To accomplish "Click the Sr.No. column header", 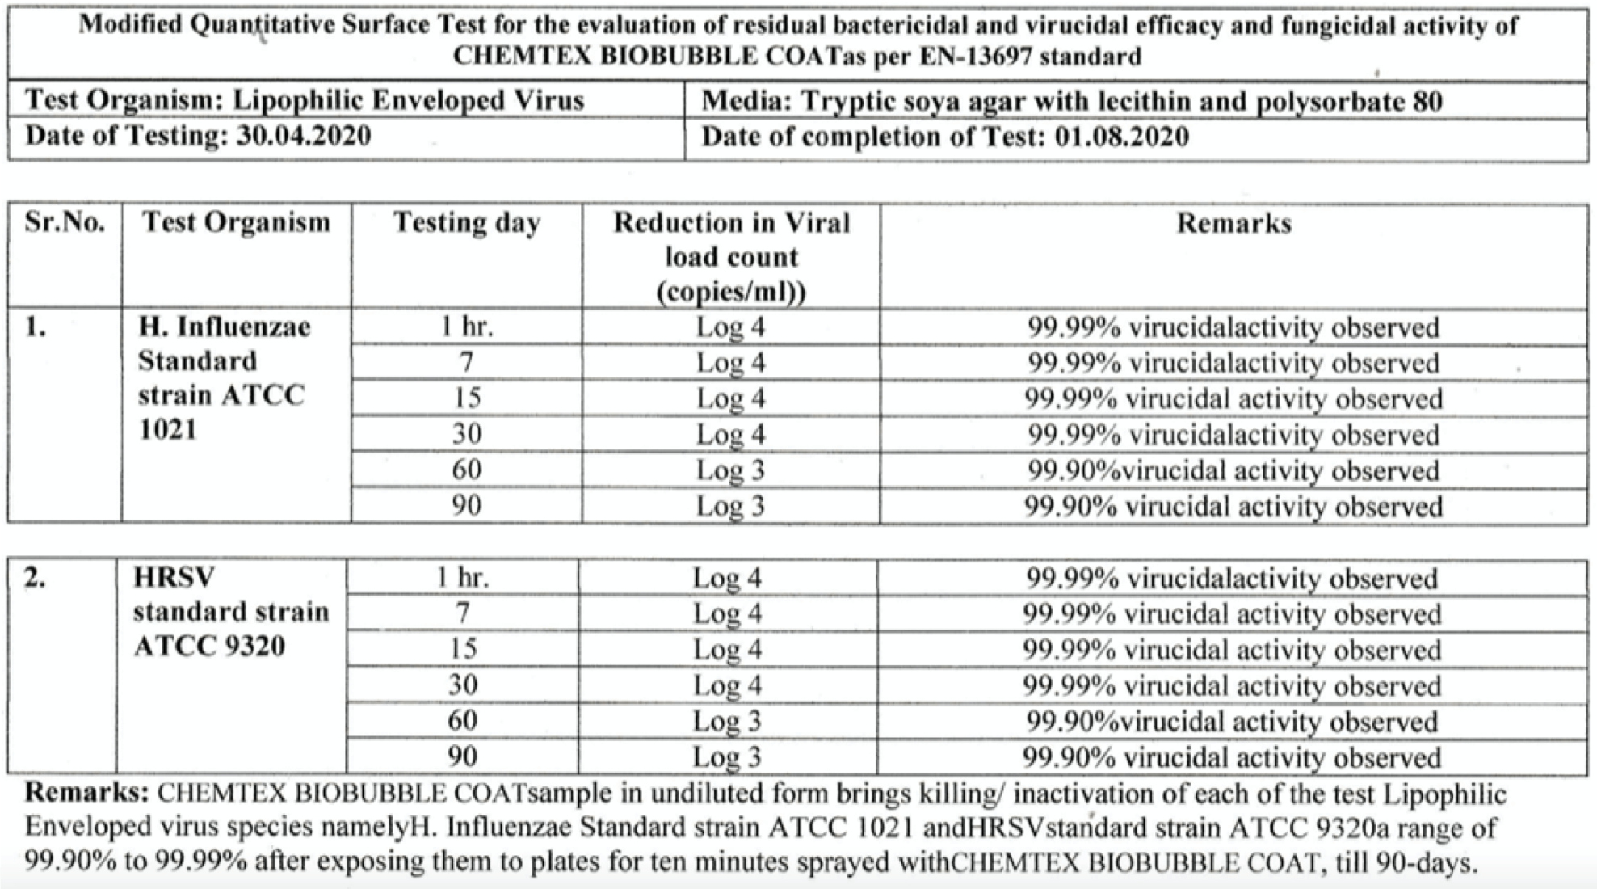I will pyautogui.click(x=65, y=222).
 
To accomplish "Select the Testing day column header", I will pyautogui.click(x=467, y=223).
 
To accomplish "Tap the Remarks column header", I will pyautogui.click(x=1233, y=223).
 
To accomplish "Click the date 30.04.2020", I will pyautogui.click(x=304, y=136).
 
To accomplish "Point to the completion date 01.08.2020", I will pyautogui.click(x=1122, y=137).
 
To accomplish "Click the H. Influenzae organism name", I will pyautogui.click(x=225, y=327).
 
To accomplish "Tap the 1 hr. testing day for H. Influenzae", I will pyautogui.click(x=467, y=327).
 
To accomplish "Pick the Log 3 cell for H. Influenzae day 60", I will pyautogui.click(x=730, y=470).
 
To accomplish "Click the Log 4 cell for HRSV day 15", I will pyautogui.click(x=727, y=650).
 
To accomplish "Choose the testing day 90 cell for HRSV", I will pyautogui.click(x=463, y=756).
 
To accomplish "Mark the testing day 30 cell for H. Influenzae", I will pyautogui.click(x=467, y=434).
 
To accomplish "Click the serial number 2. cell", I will pyautogui.click(x=35, y=578).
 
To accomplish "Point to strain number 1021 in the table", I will pyautogui.click(x=168, y=429).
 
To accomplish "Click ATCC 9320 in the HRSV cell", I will pyautogui.click(x=209, y=647).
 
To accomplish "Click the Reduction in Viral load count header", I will pyautogui.click(x=731, y=256).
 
